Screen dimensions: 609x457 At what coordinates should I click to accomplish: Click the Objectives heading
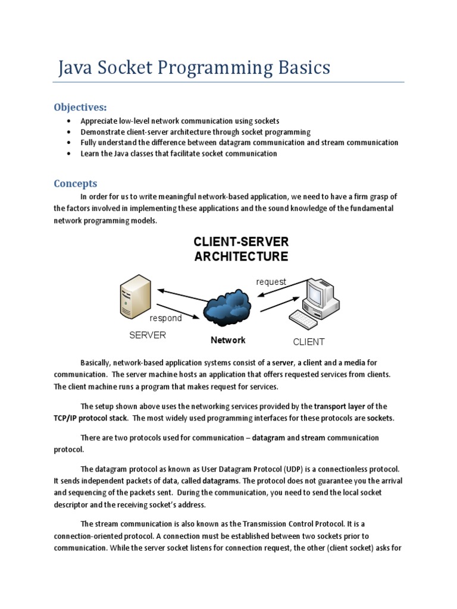[x=80, y=107]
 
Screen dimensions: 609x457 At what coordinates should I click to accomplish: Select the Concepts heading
[x=76, y=183]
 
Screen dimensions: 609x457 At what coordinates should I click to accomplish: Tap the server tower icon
[x=134, y=297]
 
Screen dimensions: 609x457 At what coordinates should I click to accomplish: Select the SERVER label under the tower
[x=148, y=335]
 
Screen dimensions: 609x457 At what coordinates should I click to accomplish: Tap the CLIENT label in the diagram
[x=309, y=342]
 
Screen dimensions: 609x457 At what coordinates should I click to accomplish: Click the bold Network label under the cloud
[x=228, y=340]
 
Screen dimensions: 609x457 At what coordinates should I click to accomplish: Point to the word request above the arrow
[x=271, y=281]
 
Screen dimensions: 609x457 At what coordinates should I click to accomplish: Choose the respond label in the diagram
[x=165, y=318]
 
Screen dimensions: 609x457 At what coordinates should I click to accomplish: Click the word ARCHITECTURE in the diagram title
[x=241, y=257]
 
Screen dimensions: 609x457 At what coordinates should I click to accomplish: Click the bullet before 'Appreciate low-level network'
[x=69, y=121]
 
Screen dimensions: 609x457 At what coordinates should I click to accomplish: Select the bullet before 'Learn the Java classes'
[x=69, y=153]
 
